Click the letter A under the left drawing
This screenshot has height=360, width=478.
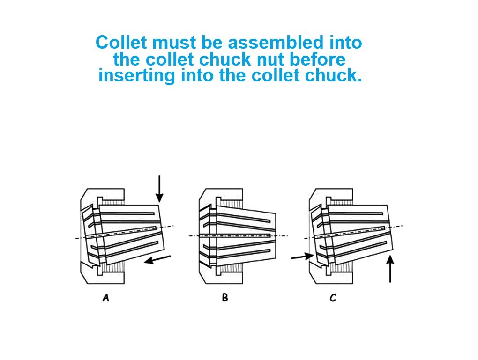click(106, 297)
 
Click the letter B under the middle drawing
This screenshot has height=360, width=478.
click(225, 297)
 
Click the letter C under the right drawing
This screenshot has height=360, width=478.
click(333, 297)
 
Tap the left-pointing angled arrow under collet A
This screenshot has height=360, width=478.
click(157, 259)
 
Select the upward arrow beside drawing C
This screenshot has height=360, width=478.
click(390, 269)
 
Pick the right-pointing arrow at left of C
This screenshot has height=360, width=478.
click(301, 257)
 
